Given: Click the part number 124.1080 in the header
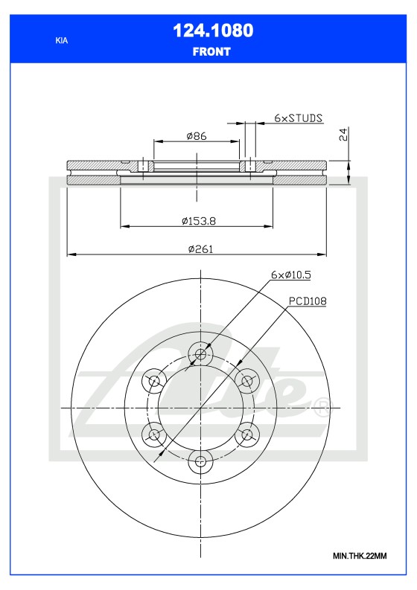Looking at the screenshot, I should [x=212, y=31].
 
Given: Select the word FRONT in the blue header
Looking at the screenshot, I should [x=211, y=52].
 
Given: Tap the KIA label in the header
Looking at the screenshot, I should [x=61, y=41].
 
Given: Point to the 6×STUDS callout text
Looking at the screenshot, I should [x=298, y=118].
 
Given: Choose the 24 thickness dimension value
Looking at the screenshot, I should [x=343, y=135].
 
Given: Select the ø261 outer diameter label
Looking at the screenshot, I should [x=201, y=249].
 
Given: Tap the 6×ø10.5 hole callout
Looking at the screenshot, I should [x=290, y=275].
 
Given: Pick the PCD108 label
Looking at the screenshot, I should [x=308, y=301].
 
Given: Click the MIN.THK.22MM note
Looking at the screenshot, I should [x=360, y=557].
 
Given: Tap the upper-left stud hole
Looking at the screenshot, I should [x=154, y=382].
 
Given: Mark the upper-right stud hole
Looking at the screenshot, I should [x=246, y=381].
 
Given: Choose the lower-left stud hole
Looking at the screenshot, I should [x=153, y=435].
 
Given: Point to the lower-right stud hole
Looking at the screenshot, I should [x=246, y=435].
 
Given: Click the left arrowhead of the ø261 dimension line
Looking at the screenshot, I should [x=70, y=255].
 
